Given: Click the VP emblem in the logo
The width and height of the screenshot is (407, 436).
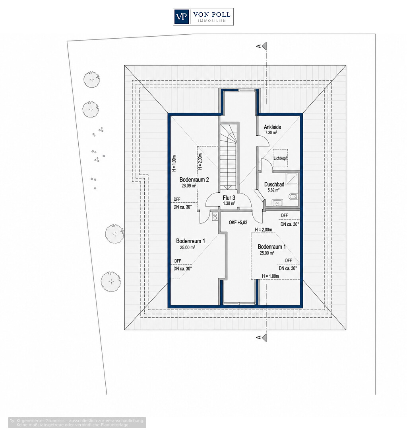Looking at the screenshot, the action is [x=181, y=17].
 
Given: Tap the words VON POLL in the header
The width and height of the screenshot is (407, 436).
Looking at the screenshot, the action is [x=211, y=14].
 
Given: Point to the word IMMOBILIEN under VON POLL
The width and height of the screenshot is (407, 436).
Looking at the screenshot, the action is [x=211, y=21].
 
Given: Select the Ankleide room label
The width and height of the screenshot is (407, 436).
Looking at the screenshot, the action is [x=272, y=127].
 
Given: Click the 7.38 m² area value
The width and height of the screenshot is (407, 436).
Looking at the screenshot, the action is [x=271, y=133].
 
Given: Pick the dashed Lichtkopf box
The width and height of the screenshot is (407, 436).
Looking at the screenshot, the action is [x=280, y=158].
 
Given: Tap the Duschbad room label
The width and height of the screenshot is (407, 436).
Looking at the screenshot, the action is [x=274, y=184].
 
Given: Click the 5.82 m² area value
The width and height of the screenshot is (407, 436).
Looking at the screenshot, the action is [x=273, y=190].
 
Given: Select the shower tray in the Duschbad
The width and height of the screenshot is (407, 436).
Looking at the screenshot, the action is [x=292, y=179].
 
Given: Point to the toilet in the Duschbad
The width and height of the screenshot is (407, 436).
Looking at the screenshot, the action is [x=293, y=197].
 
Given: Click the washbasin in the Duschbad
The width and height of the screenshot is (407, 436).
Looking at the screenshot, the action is [x=277, y=203].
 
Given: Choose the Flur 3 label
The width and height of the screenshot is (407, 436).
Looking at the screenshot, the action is [x=229, y=198].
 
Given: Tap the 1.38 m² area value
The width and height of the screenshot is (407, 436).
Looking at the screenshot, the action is [x=229, y=203].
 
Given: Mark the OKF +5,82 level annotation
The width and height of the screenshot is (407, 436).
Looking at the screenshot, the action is [x=238, y=223].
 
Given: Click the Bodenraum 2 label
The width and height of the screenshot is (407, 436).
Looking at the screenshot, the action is [x=194, y=180].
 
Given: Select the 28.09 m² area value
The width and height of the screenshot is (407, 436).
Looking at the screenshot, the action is [x=189, y=186].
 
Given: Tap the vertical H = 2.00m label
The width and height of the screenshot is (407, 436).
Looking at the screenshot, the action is [x=200, y=162].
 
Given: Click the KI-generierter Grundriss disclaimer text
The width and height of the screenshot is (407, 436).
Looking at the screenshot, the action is [x=77, y=422].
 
